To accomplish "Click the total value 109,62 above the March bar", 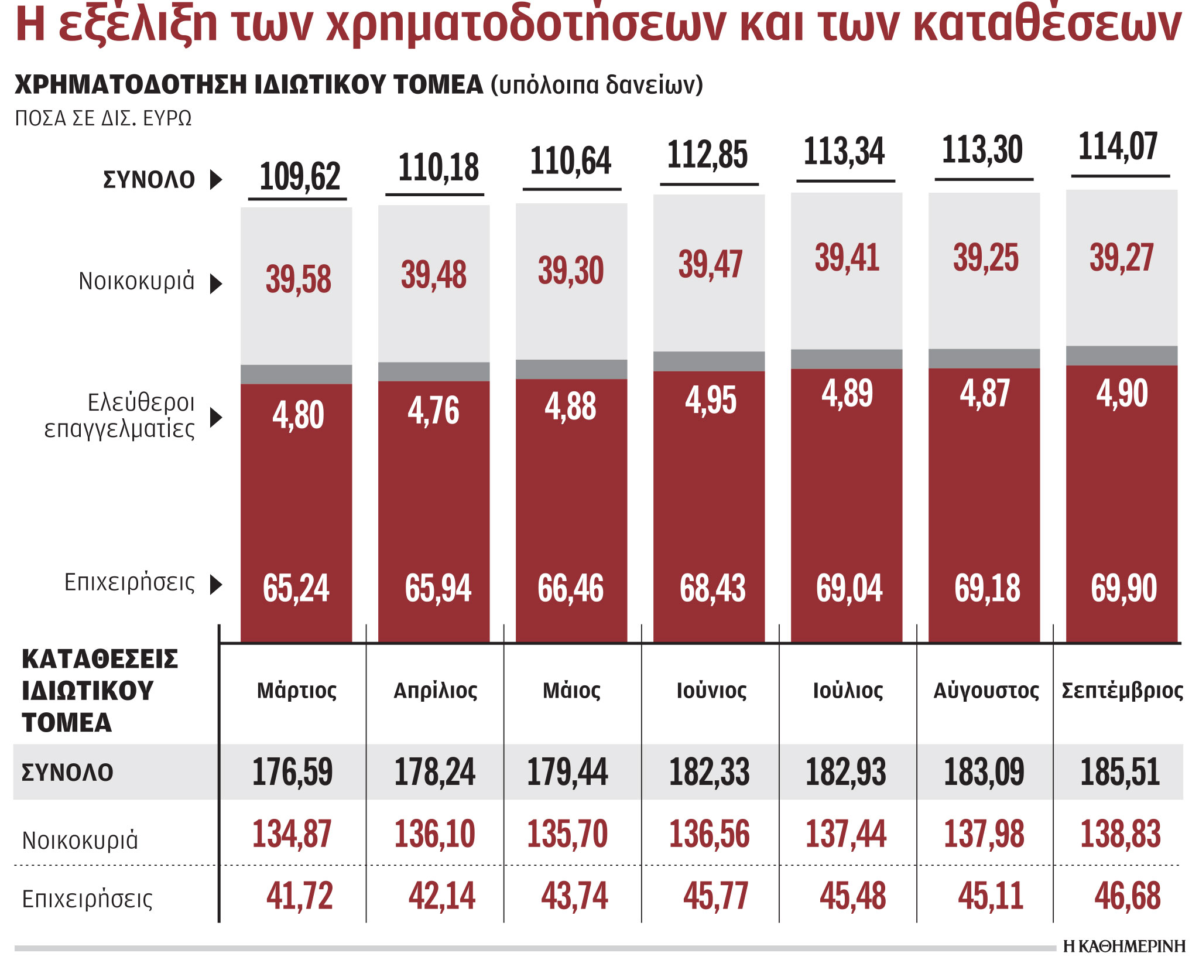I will click(x=299, y=177).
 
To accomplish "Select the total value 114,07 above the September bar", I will click(x=1118, y=146).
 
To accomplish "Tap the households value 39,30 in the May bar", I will click(x=571, y=271).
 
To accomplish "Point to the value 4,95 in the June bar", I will click(x=710, y=401).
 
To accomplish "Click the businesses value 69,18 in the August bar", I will click(x=987, y=588).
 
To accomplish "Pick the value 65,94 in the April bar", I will click(x=437, y=588).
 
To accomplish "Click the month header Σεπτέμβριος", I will click(x=1122, y=691).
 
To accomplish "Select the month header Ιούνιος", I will click(x=711, y=691).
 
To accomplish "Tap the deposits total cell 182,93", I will click(x=845, y=772).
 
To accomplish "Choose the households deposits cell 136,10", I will click(x=434, y=834).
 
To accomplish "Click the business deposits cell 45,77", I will click(x=715, y=896).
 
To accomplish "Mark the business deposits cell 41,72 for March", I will click(x=299, y=896).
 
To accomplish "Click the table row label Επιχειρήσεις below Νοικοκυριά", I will click(x=87, y=899).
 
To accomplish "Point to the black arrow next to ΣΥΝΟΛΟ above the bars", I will click(x=216, y=179).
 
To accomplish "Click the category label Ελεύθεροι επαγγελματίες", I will click(x=120, y=416).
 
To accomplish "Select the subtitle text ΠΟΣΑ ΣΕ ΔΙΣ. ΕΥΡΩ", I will click(x=103, y=118).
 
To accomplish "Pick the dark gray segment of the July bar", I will click(x=846, y=359).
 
